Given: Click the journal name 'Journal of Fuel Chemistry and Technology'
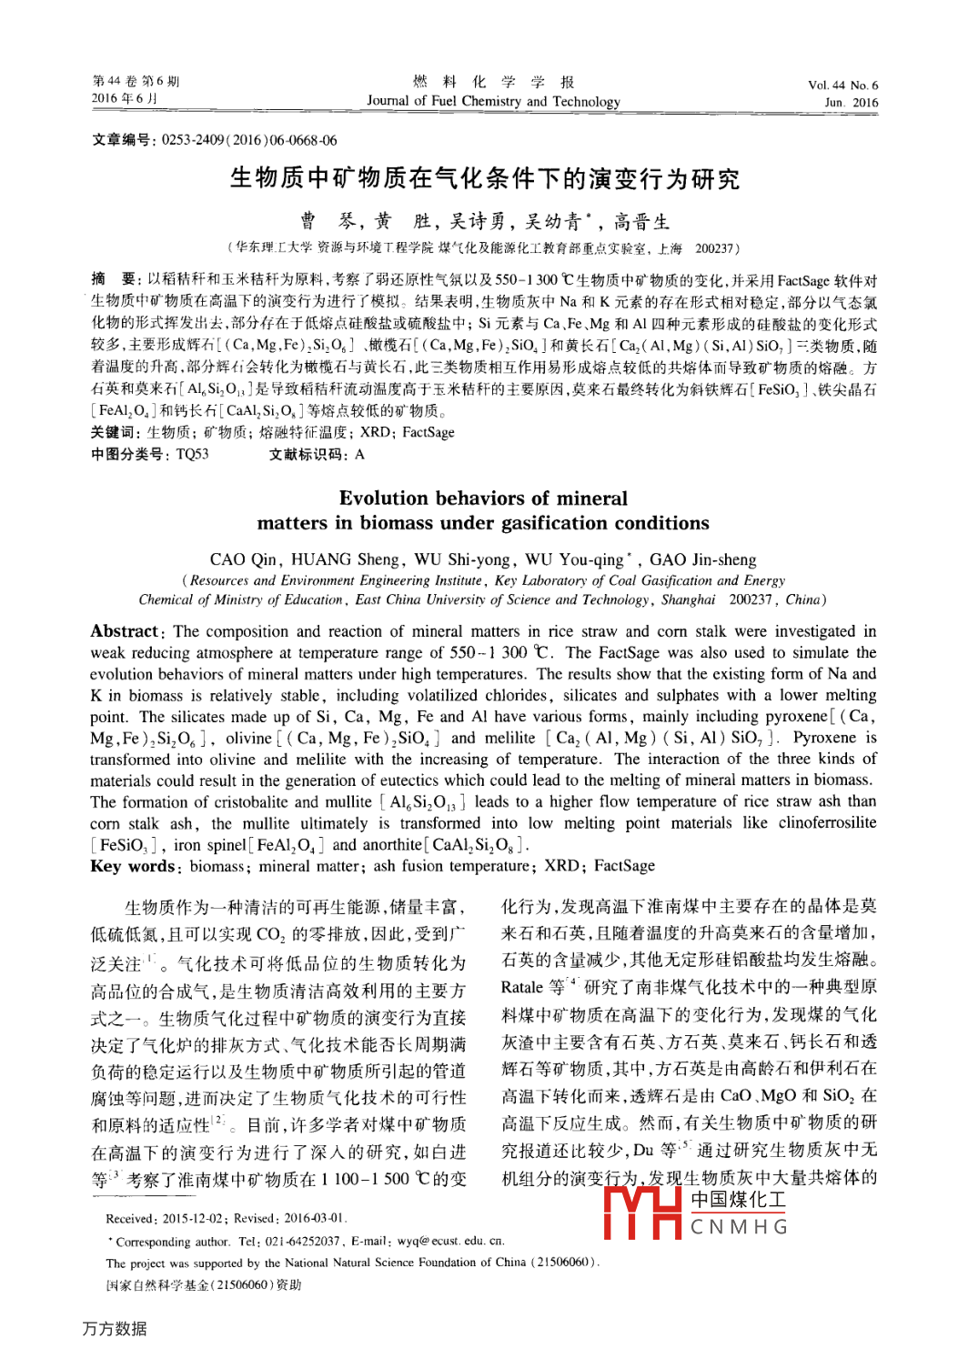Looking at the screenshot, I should tap(493, 102).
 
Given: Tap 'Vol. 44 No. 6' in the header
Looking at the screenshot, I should tap(842, 86).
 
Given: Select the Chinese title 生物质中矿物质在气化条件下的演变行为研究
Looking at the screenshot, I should tap(484, 178).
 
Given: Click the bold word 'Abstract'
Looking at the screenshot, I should tap(125, 631).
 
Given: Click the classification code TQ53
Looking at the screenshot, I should tap(192, 454).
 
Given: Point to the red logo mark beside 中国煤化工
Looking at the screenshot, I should tap(642, 1213).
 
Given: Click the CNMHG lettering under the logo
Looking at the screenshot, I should tap(739, 1227).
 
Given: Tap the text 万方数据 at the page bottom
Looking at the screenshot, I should tap(115, 1328).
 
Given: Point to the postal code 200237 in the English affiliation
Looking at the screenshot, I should tap(751, 600).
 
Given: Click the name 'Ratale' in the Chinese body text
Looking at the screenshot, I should tap(521, 987).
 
